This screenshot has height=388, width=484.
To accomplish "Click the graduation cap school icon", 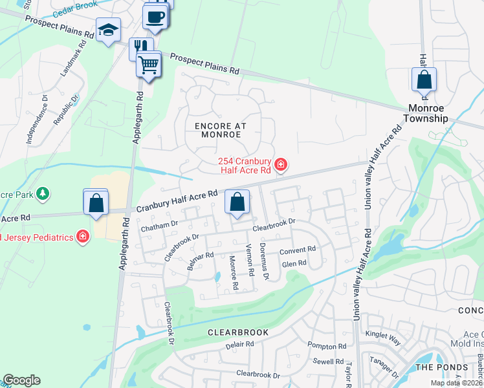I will click(108, 30).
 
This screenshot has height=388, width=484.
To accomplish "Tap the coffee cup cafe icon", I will click(155, 17).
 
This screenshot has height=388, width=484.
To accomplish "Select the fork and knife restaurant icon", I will click(140, 47).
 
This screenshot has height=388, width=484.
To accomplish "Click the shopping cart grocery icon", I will click(149, 65).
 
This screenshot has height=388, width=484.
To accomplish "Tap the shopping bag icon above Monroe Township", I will click(424, 80).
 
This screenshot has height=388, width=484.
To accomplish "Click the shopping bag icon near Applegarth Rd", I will click(96, 202).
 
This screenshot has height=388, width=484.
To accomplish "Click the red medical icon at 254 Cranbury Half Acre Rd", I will click(281, 165).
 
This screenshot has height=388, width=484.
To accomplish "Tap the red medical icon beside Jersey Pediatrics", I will click(82, 237).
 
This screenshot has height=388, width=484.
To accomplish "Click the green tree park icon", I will click(43, 193).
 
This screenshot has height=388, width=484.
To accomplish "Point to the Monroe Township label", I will click(425, 113).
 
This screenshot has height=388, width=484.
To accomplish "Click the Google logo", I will click(21, 380).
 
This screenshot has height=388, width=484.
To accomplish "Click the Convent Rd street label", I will click(297, 250).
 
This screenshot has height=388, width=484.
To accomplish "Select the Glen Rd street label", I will click(294, 264).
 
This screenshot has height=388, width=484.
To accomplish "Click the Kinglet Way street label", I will click(383, 336).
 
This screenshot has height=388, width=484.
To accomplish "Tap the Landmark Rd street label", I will click(73, 60).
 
